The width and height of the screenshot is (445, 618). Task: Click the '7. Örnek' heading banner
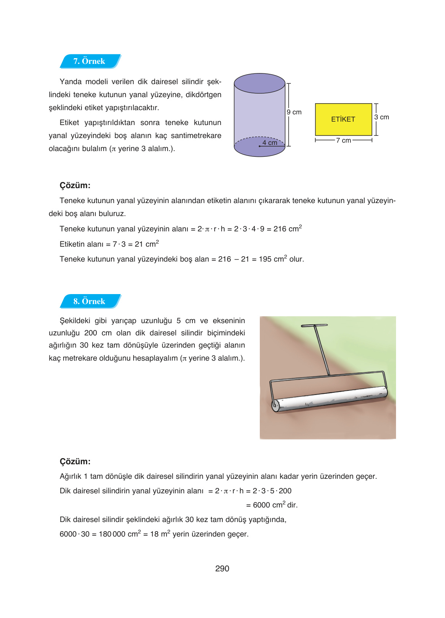click(90, 61)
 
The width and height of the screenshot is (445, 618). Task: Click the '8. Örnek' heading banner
click(90, 301)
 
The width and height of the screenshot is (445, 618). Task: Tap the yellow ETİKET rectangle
click(343, 119)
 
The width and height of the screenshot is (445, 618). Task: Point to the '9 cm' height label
click(294, 112)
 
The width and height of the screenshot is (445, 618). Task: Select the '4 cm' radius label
click(270, 143)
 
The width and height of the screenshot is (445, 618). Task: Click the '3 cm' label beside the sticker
click(381, 117)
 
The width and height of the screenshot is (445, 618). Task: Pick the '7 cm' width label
click(344, 140)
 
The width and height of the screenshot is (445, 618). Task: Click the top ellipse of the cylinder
click(259, 83)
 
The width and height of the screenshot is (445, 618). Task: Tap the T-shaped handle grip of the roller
click(314, 325)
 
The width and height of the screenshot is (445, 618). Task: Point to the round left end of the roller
click(275, 405)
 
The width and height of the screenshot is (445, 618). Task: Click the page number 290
click(222, 569)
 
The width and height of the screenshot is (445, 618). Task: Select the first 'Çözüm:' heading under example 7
click(75, 185)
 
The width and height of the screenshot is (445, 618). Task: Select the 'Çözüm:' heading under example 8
click(75, 462)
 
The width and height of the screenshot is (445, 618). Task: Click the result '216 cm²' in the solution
click(287, 229)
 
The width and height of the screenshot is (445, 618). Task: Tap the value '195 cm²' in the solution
click(273, 259)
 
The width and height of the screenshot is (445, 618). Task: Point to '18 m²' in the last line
click(160, 534)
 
